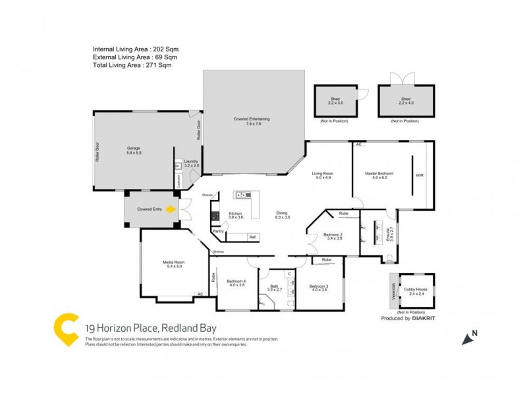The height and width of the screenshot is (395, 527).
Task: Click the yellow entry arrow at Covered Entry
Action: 171,209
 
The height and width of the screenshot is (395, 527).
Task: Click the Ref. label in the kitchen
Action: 252,236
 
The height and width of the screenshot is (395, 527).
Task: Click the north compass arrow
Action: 470,338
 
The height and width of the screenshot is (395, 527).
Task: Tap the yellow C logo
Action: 67,330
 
